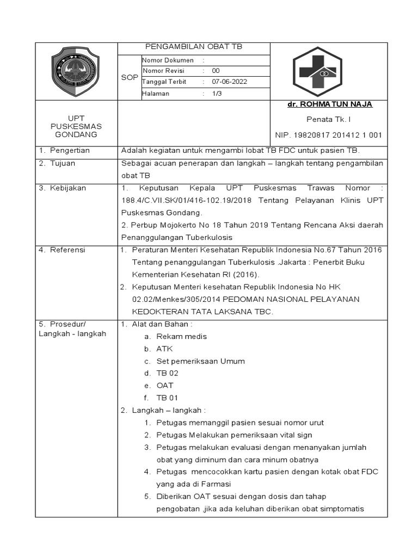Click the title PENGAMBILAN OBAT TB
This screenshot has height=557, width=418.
[193, 47]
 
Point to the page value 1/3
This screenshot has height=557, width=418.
[217, 94]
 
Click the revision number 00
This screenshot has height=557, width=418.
[216, 71]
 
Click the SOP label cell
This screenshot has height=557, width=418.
[129, 77]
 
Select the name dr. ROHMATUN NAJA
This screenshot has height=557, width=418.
[330, 104]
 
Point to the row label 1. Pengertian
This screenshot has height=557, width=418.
[64, 150]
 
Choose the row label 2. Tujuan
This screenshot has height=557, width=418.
[57, 163]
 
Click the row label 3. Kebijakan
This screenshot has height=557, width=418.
[63, 188]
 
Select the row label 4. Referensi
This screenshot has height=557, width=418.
[62, 250]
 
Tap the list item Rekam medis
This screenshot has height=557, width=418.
[181, 336]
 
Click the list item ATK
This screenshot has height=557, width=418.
[164, 349]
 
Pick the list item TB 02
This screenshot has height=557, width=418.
[167, 373]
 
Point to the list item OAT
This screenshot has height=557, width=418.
[165, 385]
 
